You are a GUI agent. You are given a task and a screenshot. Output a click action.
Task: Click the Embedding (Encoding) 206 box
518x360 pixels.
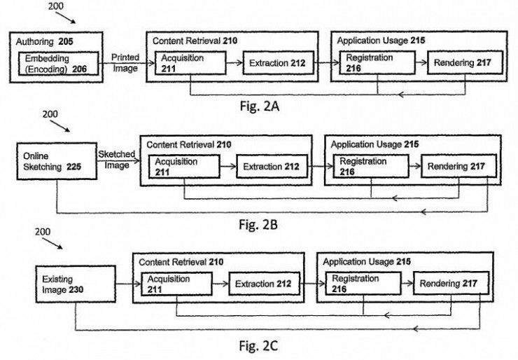click(59, 64)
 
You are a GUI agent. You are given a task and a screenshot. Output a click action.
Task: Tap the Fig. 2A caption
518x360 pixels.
click(260, 106)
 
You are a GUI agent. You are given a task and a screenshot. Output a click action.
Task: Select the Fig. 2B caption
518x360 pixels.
click(258, 224)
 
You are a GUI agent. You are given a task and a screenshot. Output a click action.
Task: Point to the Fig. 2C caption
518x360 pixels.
click(258, 346)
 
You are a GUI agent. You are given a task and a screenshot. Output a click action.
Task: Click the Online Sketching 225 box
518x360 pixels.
click(57, 161)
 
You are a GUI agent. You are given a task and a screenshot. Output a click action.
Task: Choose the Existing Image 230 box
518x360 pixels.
click(76, 284)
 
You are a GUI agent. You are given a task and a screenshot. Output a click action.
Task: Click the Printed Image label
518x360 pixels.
click(125, 63)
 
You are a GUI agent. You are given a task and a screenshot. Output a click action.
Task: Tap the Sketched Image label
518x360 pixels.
click(117, 160)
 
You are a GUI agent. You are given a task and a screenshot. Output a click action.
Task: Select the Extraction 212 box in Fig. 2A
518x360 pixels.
click(279, 63)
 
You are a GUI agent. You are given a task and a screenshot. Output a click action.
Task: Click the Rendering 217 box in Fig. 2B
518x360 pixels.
click(458, 166)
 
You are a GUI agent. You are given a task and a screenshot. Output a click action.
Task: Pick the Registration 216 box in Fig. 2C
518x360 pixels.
click(363, 283)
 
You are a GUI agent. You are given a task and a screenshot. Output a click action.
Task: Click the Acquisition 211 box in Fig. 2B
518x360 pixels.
click(184, 167)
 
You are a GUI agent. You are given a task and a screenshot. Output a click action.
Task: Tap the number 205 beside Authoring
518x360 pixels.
click(66, 41)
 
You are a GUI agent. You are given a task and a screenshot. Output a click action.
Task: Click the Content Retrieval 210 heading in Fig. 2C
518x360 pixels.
click(181, 262)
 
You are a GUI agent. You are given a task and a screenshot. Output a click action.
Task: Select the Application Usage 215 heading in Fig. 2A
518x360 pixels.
click(381, 41)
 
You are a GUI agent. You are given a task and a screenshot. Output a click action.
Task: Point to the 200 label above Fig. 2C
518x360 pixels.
click(43, 232)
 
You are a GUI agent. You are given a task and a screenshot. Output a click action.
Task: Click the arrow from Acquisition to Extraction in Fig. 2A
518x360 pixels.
click(234, 63)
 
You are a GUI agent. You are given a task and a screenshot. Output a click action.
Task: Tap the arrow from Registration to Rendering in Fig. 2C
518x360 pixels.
click(407, 283)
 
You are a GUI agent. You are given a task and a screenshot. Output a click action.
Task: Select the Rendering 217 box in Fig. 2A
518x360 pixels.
click(465, 62)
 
